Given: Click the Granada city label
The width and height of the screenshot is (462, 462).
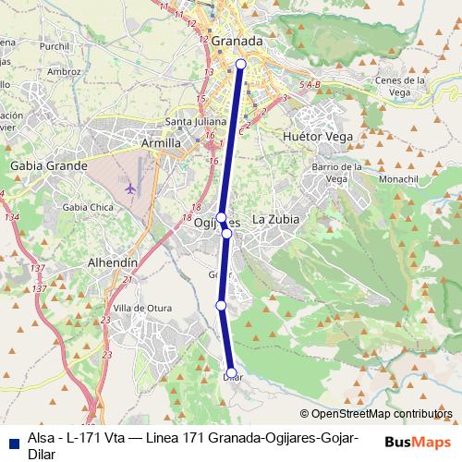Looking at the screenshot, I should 237,42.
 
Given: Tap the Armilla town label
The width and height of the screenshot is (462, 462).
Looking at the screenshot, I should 161,143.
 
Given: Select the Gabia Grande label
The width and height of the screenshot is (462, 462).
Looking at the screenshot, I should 48,165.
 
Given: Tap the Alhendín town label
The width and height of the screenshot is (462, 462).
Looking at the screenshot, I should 112,262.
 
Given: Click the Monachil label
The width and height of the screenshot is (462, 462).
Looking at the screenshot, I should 406,175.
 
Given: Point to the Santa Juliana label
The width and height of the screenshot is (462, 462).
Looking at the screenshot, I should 189,121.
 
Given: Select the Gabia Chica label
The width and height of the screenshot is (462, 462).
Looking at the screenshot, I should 82,207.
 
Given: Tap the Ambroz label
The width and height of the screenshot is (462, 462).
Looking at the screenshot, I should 63,70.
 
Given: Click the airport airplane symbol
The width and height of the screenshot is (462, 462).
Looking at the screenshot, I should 129,188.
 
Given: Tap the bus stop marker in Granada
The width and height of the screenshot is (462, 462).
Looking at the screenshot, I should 241,64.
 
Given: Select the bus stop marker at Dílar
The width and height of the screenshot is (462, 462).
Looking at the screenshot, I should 231,374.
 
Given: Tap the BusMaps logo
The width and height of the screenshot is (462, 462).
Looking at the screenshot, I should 419,441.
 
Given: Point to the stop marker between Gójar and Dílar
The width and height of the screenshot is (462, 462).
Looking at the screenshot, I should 221,305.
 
